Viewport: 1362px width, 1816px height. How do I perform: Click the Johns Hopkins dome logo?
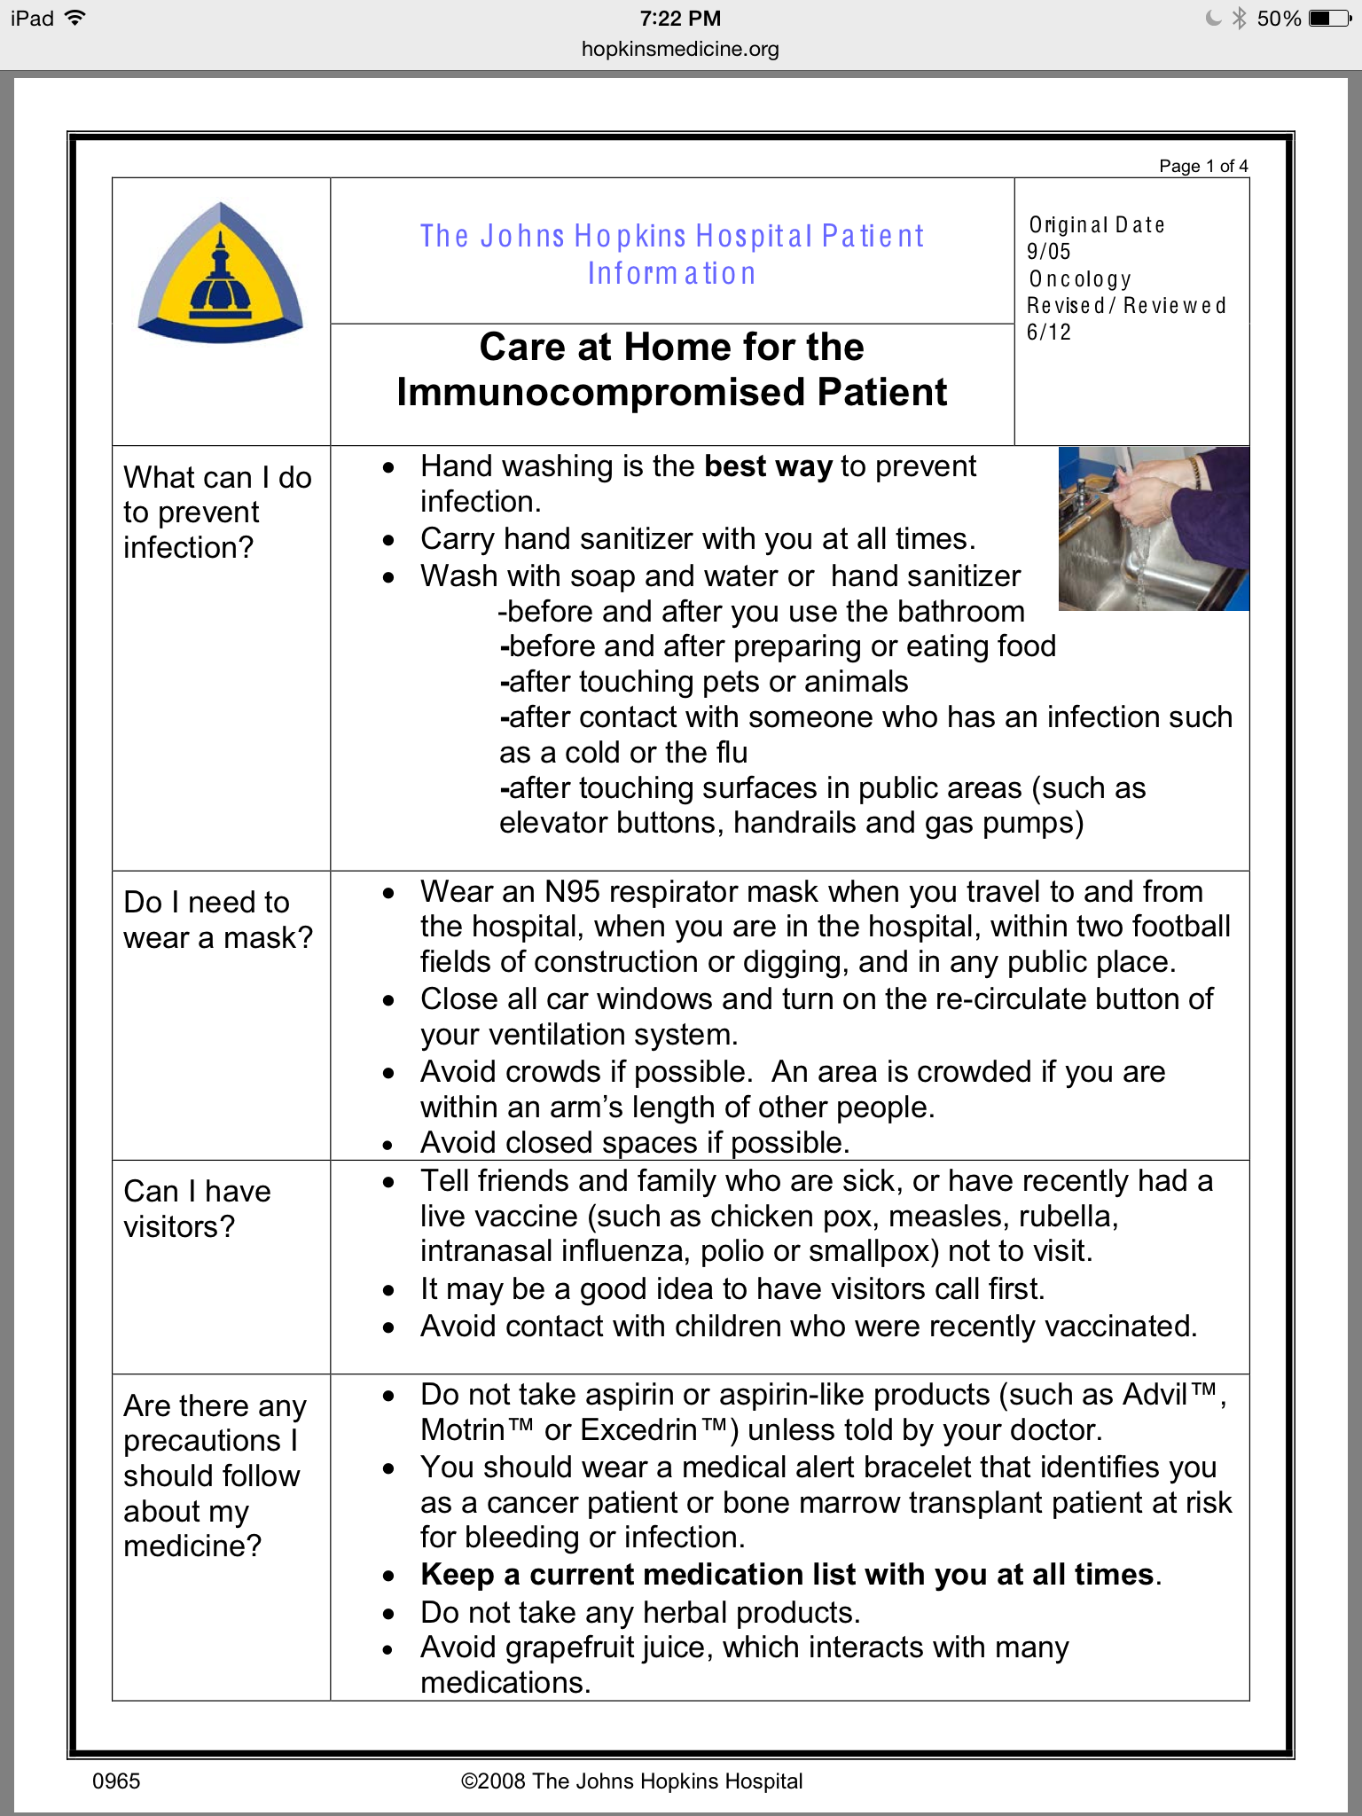[220, 273]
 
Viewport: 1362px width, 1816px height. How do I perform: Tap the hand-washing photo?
[1154, 528]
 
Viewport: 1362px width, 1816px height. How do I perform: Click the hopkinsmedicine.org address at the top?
[680, 50]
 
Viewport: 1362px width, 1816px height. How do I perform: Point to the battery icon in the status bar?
[1329, 19]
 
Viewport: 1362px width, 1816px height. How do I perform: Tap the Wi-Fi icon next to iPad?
[75, 18]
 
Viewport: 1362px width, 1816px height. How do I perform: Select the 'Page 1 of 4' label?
[1203, 166]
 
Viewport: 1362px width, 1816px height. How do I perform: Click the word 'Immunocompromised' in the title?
[602, 392]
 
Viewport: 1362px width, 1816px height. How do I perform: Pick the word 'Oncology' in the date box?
[1080, 279]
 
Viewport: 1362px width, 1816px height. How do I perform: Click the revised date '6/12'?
[1049, 333]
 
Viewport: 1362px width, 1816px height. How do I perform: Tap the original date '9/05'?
[1049, 252]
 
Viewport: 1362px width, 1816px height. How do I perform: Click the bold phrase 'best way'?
[768, 466]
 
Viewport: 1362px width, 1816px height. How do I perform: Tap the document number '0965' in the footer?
[116, 1781]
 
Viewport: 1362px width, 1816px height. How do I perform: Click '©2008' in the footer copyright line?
[493, 1781]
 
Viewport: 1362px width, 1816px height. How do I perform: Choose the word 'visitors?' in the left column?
[179, 1226]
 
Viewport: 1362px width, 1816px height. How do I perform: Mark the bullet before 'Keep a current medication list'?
[388, 1576]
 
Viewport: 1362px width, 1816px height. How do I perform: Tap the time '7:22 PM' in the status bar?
[680, 19]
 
